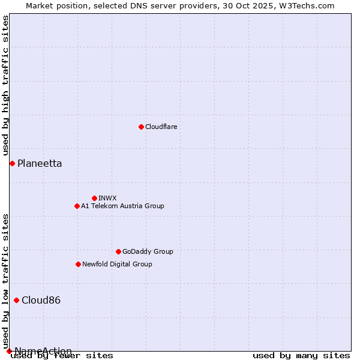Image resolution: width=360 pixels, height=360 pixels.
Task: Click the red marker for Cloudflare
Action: pyautogui.click(x=141, y=127)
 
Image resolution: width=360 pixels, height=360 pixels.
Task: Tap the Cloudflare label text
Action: pyautogui.click(x=161, y=127)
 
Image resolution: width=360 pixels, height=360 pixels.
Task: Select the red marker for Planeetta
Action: pyautogui.click(x=12, y=163)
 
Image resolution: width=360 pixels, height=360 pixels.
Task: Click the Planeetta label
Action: pyautogui.click(x=39, y=163)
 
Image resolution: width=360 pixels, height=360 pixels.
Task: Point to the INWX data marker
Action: pyautogui.click(x=94, y=198)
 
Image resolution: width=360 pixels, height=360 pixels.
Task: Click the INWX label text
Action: pyautogui.click(x=107, y=198)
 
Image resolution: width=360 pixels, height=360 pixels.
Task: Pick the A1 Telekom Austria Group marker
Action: pyautogui.click(x=77, y=206)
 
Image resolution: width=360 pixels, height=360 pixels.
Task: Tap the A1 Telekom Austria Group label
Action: pyautogui.click(x=122, y=206)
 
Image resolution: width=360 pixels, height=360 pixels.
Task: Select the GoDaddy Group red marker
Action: pyautogui.click(x=118, y=251)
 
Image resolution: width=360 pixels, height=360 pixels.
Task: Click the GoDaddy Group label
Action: pyautogui.click(x=148, y=251)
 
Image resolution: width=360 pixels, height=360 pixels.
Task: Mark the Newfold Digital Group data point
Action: pyautogui.click(x=78, y=264)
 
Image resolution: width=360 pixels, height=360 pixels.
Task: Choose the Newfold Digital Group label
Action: pyautogui.click(x=117, y=264)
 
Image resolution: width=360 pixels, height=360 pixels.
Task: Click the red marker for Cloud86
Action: pyautogui.click(x=16, y=300)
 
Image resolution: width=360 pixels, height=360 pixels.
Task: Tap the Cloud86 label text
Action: pyautogui.click(x=41, y=300)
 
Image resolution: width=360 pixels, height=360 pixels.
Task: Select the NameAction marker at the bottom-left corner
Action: pyautogui.click(x=9, y=351)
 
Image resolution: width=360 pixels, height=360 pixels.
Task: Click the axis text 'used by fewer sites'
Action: pyautogui.click(x=62, y=356)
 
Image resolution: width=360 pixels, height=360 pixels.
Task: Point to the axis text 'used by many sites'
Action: pyautogui.click(x=301, y=356)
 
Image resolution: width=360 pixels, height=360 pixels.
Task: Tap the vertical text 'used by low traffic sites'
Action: pyautogui.click(x=5, y=276)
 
